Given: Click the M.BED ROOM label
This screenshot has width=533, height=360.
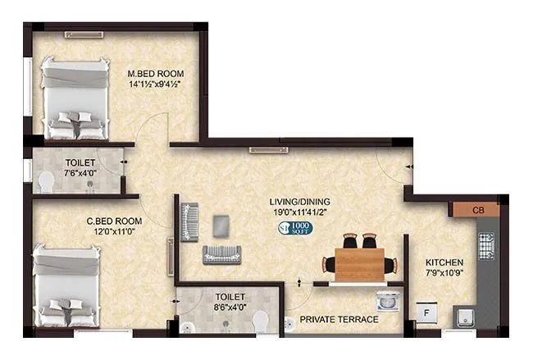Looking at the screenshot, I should click(153, 72).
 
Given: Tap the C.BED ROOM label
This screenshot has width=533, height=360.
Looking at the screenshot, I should click(114, 221).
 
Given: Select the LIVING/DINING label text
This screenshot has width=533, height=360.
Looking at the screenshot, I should click(302, 202).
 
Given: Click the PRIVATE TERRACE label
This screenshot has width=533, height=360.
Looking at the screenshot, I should click(339, 319).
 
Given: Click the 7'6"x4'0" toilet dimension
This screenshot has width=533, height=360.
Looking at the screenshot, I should click(80, 174).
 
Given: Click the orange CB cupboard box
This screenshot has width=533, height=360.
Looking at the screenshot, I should click(480, 210).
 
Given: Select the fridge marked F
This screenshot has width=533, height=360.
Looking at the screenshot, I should click(426, 314).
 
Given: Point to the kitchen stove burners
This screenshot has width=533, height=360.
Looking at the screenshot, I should click(485, 245).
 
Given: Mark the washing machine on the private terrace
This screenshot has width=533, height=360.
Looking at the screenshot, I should click(386, 301).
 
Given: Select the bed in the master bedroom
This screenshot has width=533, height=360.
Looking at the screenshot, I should click(75, 98).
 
